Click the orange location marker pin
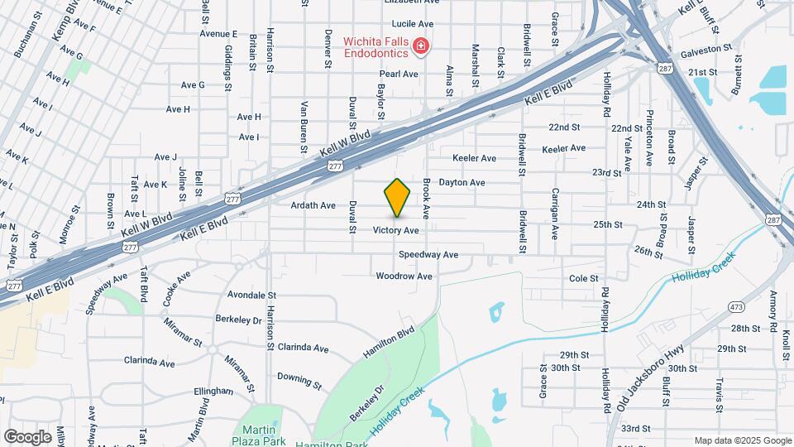(397, 198)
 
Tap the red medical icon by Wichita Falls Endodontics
(422, 46)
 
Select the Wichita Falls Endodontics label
(371, 46)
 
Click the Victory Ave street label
(396, 230)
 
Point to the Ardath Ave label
(313, 205)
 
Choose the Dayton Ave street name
(462, 182)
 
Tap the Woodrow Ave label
(404, 276)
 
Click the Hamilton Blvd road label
(388, 343)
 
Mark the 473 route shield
(713, 307)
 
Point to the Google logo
(28, 437)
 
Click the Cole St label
(584, 279)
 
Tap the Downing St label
(299, 381)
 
